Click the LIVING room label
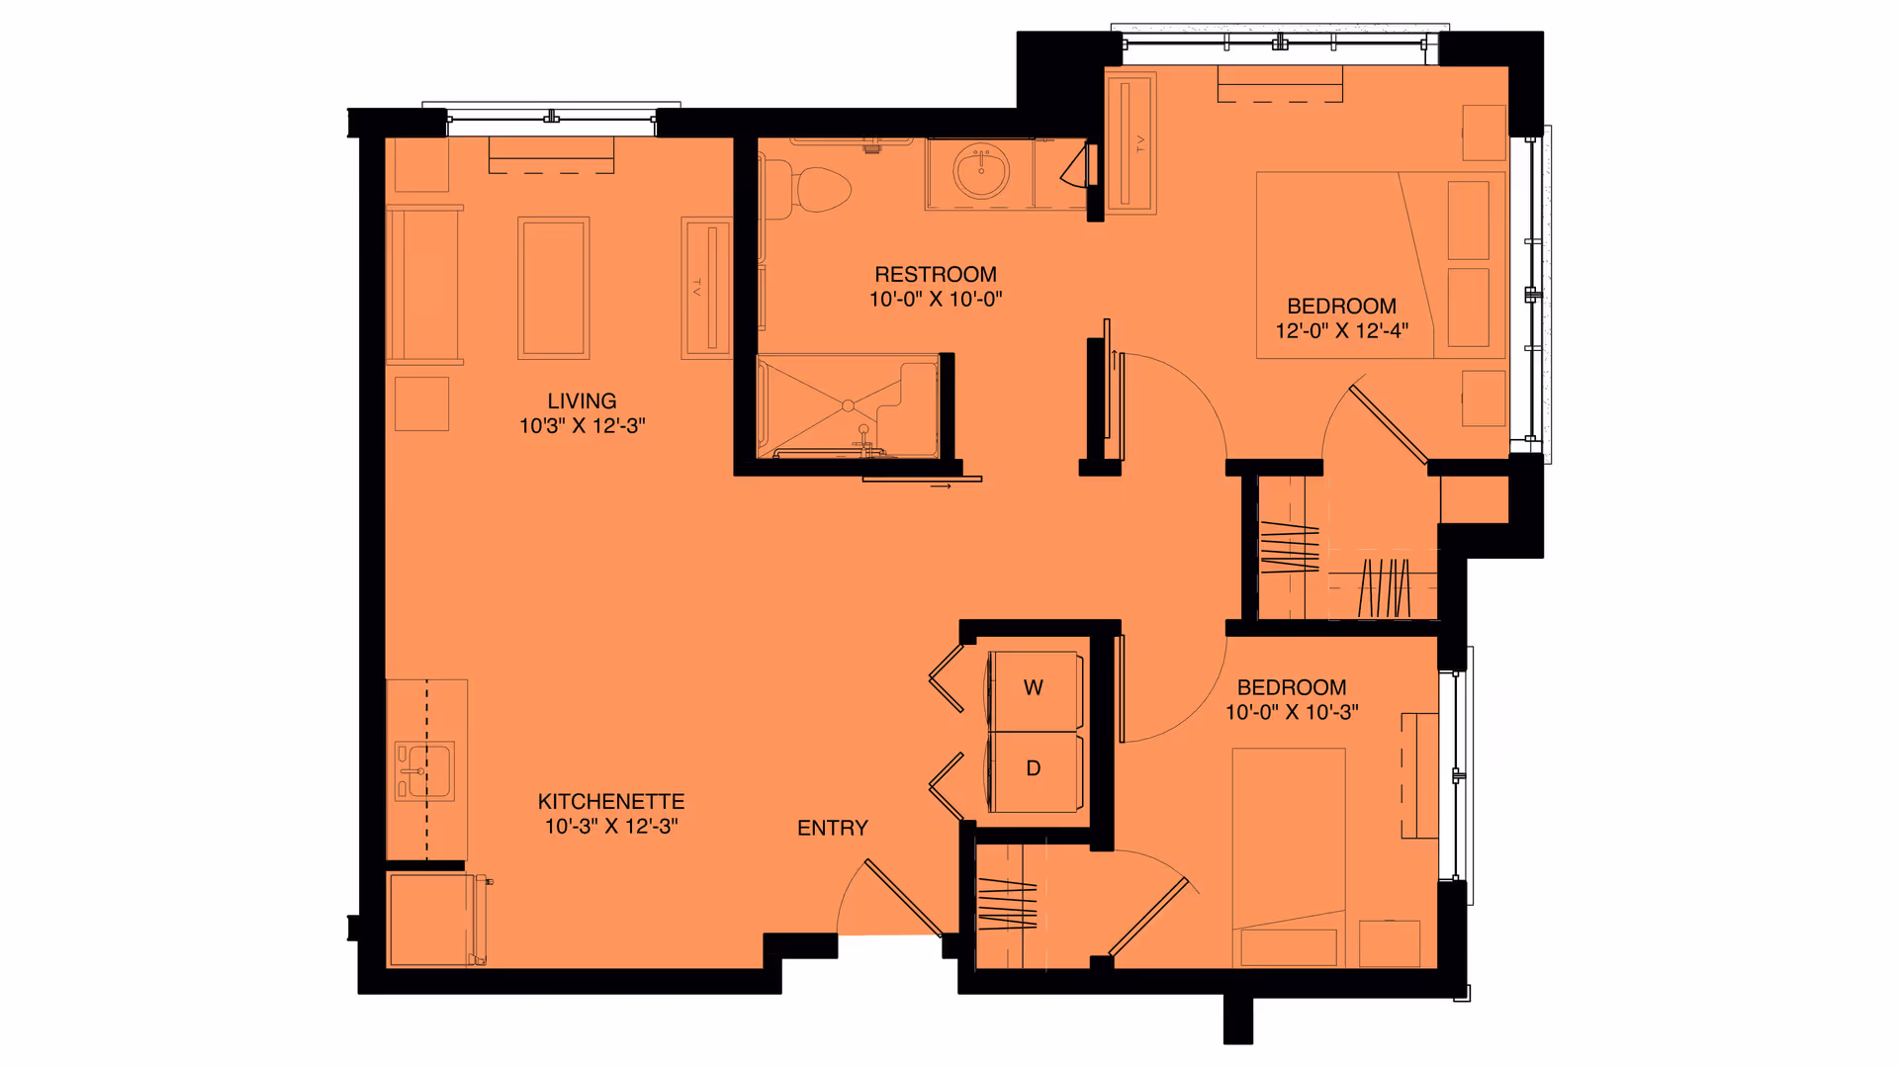[582, 400]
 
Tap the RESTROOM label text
[935, 274]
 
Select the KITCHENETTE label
[610, 801]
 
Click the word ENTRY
[832, 828]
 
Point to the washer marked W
[1034, 688]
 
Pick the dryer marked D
[1034, 769]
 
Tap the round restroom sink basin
[981, 171]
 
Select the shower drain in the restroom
[848, 405]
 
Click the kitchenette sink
[425, 770]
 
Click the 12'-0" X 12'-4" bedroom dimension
[1341, 331]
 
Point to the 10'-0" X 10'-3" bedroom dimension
[1292, 712]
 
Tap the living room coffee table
[554, 288]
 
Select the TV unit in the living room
[706, 288]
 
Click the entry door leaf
[902, 897]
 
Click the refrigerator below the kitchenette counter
[432, 920]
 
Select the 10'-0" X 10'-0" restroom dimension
[935, 300]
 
